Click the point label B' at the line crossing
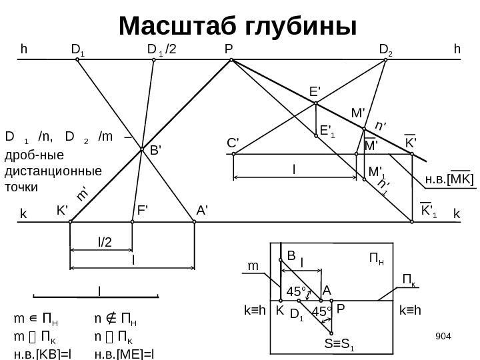155,151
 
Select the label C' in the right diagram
233,143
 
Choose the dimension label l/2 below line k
105,245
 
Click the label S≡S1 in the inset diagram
339,345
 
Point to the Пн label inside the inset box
377,257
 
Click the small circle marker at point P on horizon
231,60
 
